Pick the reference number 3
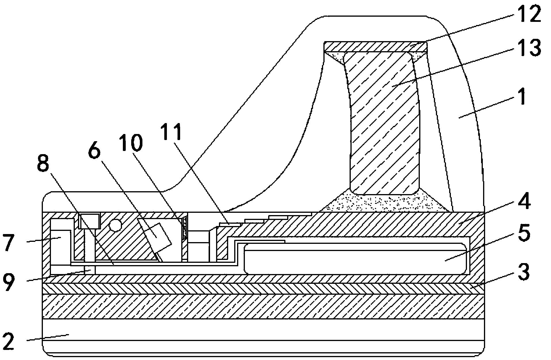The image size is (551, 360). coord(523,272)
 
